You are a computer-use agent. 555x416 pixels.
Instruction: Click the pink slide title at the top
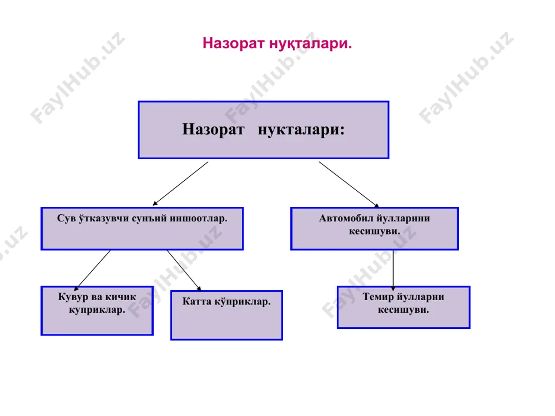coord(277,43)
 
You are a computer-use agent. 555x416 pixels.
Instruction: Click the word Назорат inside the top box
coord(213,129)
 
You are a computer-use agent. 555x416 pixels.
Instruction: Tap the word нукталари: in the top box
coord(301,130)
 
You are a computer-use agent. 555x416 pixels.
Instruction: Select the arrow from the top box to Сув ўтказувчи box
coord(180,184)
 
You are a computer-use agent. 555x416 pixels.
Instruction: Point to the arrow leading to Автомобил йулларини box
coord(349,184)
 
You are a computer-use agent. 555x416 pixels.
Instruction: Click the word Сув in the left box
coord(66,218)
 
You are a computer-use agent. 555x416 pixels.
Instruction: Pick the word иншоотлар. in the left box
coord(198,219)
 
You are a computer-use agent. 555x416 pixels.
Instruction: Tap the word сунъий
coord(149,219)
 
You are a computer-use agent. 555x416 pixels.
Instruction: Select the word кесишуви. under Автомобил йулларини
coord(375,231)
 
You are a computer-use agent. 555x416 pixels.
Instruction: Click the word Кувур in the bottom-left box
coord(72,297)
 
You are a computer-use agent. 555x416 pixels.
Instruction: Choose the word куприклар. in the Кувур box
coord(97,310)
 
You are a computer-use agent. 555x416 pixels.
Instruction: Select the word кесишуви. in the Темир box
coord(403,310)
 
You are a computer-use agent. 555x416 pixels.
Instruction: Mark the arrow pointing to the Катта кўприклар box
coord(184,271)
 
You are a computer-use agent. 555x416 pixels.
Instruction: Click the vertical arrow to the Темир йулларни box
coord(393,270)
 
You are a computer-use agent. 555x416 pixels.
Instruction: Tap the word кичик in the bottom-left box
coord(120,297)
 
